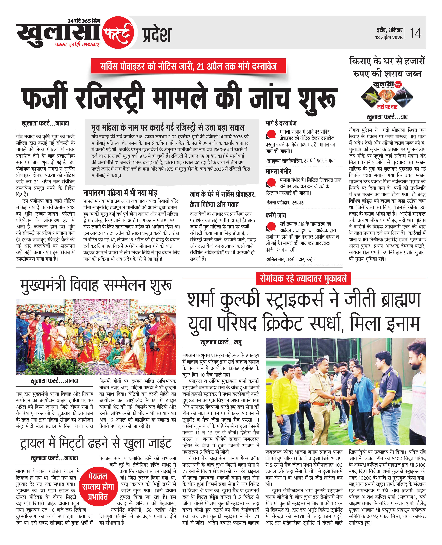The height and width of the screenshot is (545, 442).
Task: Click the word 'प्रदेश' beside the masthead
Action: (x=157, y=35)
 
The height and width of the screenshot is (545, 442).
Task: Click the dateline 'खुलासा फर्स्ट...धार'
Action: (x=387, y=117)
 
